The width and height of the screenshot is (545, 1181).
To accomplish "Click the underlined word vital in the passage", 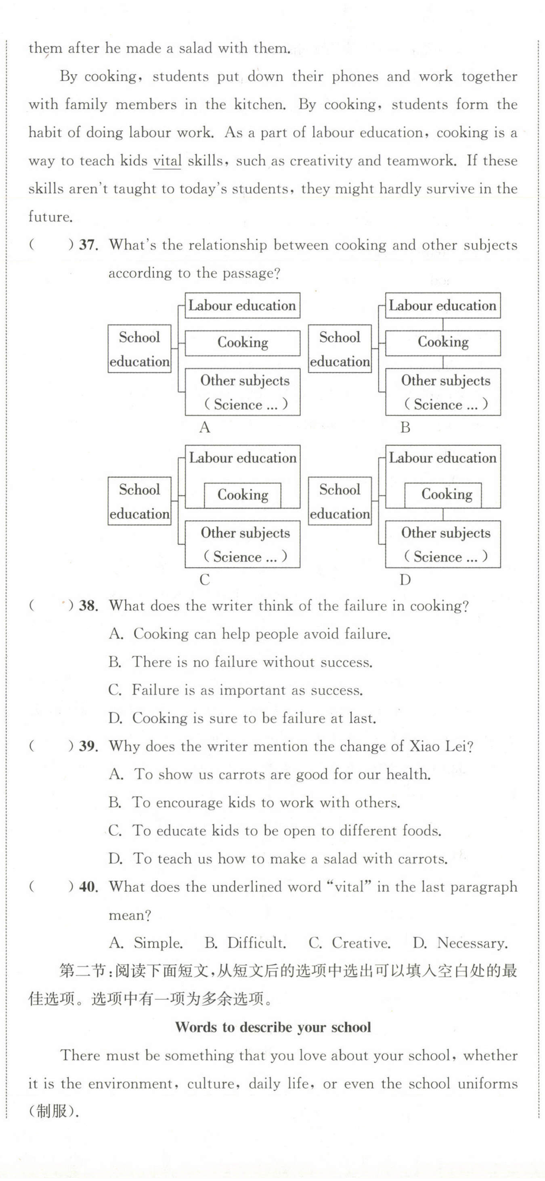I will click(167, 161).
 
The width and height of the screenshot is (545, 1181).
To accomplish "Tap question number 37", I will click(88, 245).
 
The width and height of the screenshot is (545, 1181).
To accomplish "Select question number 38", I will click(88, 606).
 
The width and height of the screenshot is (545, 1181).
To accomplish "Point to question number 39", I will click(88, 746).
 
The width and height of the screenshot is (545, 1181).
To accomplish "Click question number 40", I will click(88, 887).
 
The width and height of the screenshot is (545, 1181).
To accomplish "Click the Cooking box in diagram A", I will click(242, 342).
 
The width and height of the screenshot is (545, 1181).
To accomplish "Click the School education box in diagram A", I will click(139, 349).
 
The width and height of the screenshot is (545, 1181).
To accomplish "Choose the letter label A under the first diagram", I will click(205, 427).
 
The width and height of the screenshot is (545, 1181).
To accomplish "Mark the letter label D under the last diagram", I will click(405, 580).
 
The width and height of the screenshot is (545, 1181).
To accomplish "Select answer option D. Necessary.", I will click(460, 943).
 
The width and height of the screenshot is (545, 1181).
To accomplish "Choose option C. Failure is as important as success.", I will click(236, 690).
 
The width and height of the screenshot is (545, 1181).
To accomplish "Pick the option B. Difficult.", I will click(245, 943).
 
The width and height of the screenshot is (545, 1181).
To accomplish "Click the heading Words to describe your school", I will click(273, 1027).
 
